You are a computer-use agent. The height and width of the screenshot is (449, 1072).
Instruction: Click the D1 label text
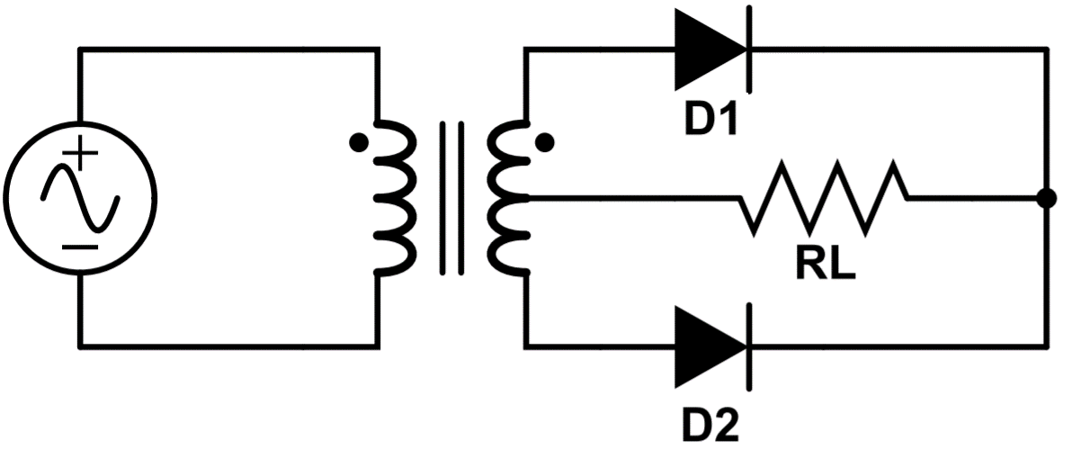[x=711, y=121]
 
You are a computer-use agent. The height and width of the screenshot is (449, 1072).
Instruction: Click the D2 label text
[x=711, y=422]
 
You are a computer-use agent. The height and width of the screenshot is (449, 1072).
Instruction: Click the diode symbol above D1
[x=710, y=50]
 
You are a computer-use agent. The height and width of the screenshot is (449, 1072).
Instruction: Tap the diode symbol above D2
[x=710, y=345]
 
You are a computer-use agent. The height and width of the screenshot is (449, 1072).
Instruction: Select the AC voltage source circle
[x=80, y=196]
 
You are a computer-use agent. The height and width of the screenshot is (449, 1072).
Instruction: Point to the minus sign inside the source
[x=82, y=244]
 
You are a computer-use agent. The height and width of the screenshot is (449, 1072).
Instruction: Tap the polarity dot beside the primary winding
[x=357, y=142]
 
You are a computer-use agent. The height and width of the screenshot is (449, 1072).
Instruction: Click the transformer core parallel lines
[x=452, y=197]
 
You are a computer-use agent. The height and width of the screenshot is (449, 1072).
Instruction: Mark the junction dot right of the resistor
[x=1046, y=198]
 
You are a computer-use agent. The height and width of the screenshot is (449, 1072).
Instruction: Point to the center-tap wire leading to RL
[x=630, y=197]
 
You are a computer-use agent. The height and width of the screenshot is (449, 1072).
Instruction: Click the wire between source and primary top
[x=225, y=50]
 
